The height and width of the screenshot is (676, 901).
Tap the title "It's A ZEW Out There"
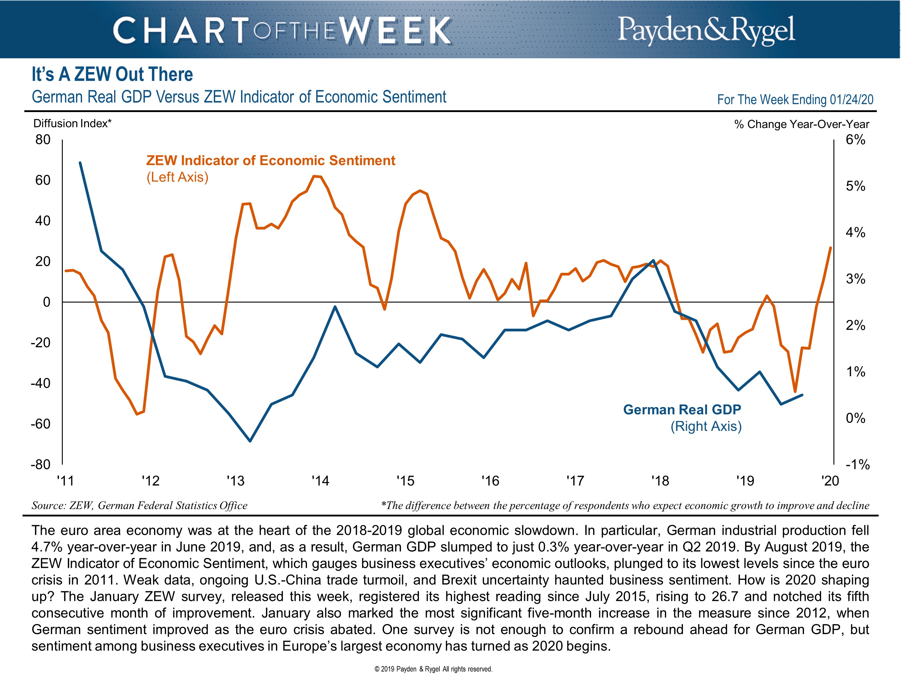(112, 74)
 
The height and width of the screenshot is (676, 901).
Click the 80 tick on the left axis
(43, 140)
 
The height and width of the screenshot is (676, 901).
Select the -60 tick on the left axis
(41, 424)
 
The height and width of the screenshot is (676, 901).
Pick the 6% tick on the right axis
(855, 140)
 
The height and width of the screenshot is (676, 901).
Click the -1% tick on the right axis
(857, 464)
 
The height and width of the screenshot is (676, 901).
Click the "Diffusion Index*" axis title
(72, 123)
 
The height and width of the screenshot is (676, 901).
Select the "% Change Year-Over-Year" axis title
(802, 124)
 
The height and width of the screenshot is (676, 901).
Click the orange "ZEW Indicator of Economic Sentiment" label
(271, 160)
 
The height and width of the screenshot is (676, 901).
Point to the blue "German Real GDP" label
(682, 410)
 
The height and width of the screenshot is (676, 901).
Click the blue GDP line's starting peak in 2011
(80, 163)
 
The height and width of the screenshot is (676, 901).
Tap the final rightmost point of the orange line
(830, 248)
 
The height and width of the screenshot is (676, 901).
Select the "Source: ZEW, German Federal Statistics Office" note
(139, 506)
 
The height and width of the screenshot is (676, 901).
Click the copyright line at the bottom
(433, 669)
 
